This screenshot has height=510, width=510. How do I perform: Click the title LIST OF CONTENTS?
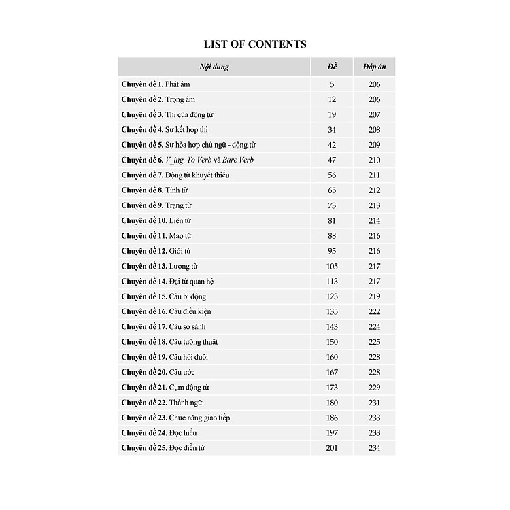[x=255, y=44]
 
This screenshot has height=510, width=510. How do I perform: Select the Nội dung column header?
[x=214, y=67]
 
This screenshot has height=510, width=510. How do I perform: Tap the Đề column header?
[x=333, y=67]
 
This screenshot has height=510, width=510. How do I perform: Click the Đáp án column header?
[x=374, y=67]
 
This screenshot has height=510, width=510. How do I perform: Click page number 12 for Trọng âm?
[x=333, y=99]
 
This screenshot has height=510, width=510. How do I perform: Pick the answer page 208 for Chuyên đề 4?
[x=374, y=130]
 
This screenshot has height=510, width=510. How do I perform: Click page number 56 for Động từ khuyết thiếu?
[x=333, y=175]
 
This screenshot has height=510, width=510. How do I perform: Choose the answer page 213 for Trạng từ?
[x=374, y=205]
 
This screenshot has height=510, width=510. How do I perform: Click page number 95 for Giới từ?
[x=333, y=251]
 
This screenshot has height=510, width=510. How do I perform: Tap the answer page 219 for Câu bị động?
[x=374, y=296]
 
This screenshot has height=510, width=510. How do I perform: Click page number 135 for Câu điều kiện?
[x=333, y=311]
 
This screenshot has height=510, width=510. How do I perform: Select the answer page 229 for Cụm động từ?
[x=374, y=387]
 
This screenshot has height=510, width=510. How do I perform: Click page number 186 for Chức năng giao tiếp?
[x=333, y=418]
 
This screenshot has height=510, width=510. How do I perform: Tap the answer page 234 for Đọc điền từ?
[x=374, y=448]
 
